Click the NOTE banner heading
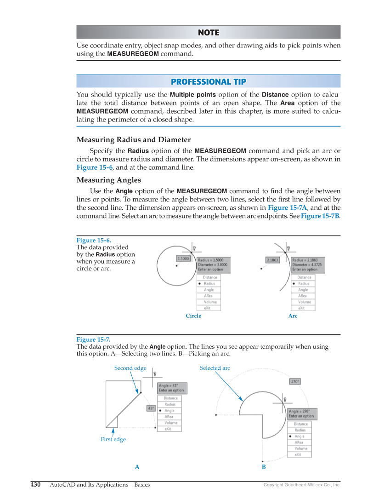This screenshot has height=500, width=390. click(x=208, y=32)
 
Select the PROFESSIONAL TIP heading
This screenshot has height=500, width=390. click(x=208, y=81)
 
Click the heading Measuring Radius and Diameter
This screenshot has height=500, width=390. click(x=133, y=140)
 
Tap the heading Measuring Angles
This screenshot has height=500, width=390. click(x=108, y=180)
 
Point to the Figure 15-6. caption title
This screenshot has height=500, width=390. click(x=94, y=240)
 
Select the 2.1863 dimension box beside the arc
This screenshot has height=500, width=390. click(x=272, y=260)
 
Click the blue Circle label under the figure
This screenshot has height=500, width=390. click(x=193, y=316)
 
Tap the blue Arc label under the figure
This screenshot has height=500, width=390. click(x=293, y=316)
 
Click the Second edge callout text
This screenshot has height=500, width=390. click(x=130, y=368)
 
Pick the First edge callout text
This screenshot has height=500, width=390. click(x=113, y=439)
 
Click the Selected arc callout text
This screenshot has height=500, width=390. click(x=215, y=368)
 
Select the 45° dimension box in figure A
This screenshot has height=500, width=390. click(x=151, y=408)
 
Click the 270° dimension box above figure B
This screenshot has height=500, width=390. click(x=295, y=381)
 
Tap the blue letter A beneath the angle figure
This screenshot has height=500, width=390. click(x=137, y=467)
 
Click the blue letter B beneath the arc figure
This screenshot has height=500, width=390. click(x=264, y=467)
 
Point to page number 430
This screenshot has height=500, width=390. click(x=36, y=484)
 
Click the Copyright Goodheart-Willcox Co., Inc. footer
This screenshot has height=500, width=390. click(x=302, y=485)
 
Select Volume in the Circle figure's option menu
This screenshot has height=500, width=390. click(x=210, y=302)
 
